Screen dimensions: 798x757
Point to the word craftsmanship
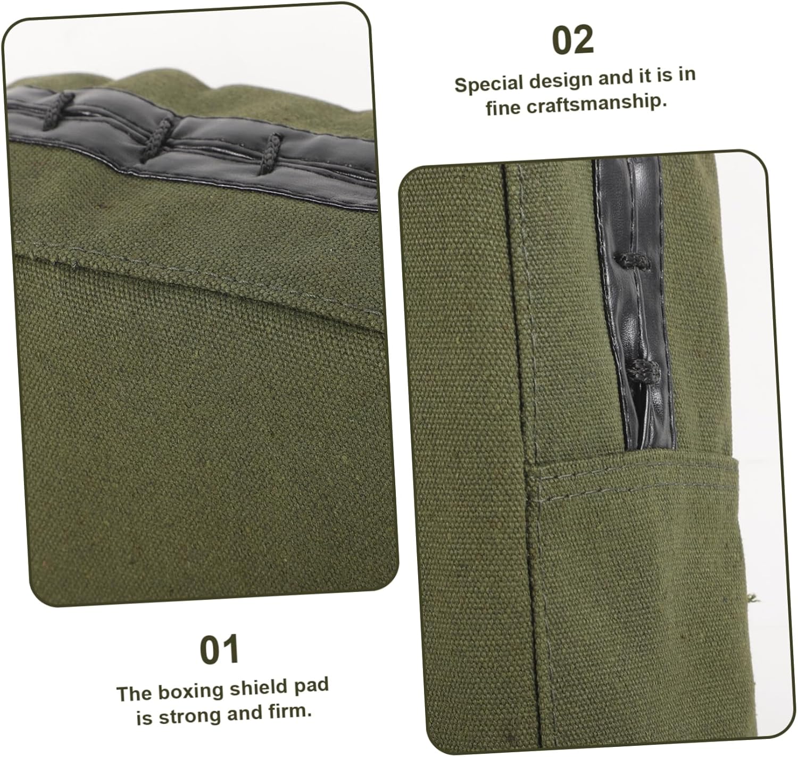click(x=597, y=104)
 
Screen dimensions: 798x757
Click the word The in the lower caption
click(x=134, y=694)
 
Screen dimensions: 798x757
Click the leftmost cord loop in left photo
click(x=59, y=111)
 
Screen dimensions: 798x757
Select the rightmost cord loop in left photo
click(x=271, y=154)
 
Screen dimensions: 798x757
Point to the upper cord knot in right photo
click(x=633, y=262)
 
